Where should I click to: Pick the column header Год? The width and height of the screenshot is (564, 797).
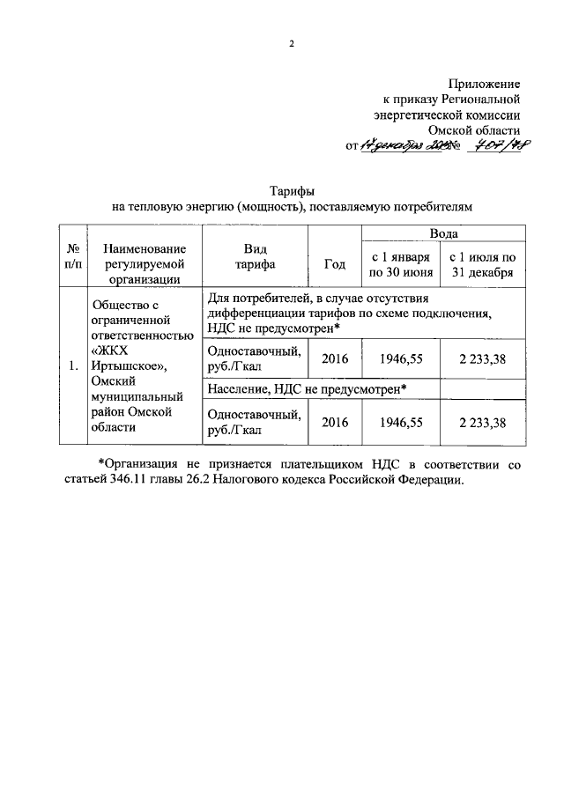(x=334, y=263)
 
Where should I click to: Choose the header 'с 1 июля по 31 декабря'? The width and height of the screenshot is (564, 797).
(x=481, y=263)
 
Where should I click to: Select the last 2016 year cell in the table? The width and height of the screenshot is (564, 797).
(x=335, y=423)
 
